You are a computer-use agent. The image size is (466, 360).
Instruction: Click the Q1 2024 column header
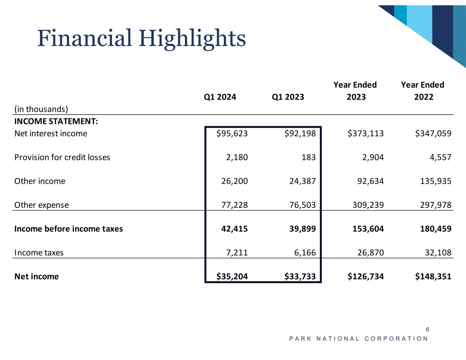pos(220,97)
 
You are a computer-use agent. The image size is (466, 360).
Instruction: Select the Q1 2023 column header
pos(288,97)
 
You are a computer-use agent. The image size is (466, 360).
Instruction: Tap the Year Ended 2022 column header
pos(423,91)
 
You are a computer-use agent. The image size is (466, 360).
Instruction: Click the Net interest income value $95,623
pos(232,133)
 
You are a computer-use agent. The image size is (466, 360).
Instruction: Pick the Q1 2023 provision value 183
pos(309,157)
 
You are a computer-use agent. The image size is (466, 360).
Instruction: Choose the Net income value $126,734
pos(366,276)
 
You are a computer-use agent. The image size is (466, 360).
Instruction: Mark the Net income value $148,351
pos(433,276)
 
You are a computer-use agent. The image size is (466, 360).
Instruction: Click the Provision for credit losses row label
pos(62,157)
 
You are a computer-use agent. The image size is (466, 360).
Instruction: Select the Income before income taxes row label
pos(69,229)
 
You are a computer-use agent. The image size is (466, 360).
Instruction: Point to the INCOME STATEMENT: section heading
pos(56,121)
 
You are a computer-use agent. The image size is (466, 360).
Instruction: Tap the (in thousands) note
pos(41,109)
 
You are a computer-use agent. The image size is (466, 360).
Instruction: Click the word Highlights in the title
pos(192,38)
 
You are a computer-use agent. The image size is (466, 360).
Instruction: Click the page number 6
pos(427,330)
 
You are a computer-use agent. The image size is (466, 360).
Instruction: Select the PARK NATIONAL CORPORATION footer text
pos(358,339)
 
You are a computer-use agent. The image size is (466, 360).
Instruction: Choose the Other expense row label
pos(41,205)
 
